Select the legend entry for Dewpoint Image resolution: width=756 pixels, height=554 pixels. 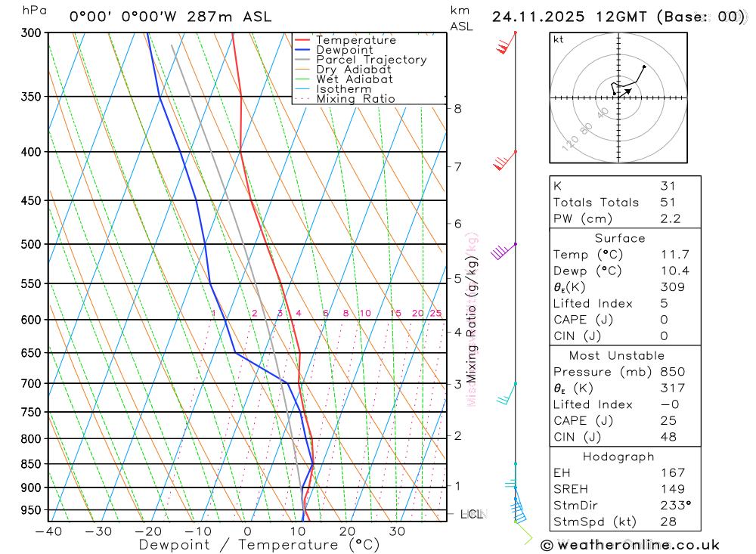(x=344, y=50)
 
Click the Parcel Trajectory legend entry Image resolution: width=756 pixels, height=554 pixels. (x=370, y=60)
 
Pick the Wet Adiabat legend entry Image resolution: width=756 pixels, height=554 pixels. (x=354, y=79)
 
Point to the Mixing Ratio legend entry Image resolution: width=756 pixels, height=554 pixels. (x=355, y=99)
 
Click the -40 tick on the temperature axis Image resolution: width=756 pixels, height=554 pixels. (x=48, y=531)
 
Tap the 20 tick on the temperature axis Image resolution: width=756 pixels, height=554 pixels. (x=347, y=531)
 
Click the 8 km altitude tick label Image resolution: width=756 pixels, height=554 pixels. (x=457, y=109)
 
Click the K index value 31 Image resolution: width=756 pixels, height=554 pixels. (x=668, y=186)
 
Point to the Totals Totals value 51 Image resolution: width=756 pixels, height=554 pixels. (x=668, y=203)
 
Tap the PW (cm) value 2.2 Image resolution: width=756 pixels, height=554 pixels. (x=671, y=219)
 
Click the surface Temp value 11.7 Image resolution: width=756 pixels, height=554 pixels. (x=674, y=255)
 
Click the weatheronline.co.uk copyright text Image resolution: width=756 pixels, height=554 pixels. (x=631, y=545)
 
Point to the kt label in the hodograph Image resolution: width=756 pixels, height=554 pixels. (x=559, y=40)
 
